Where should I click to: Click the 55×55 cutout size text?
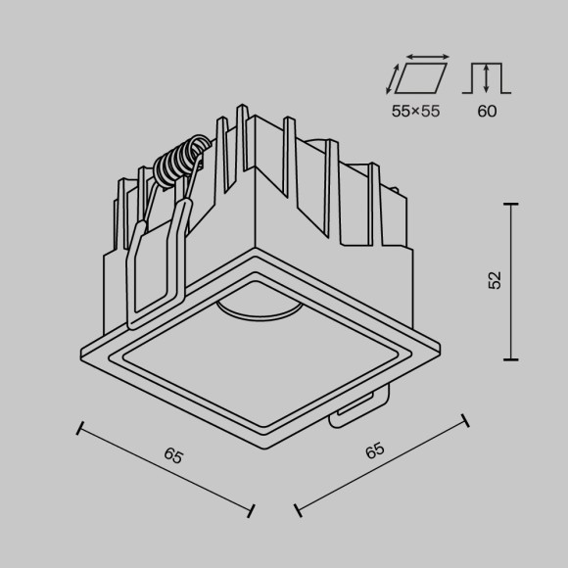click(415, 111)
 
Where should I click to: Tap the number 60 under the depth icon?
click(487, 111)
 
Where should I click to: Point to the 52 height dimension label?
click(495, 280)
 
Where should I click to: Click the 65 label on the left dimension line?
click(174, 455)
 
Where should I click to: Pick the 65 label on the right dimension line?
click(374, 451)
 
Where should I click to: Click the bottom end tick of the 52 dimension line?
click(510, 359)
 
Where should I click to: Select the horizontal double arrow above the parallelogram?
click(427, 58)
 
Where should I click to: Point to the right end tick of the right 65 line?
click(464, 420)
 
